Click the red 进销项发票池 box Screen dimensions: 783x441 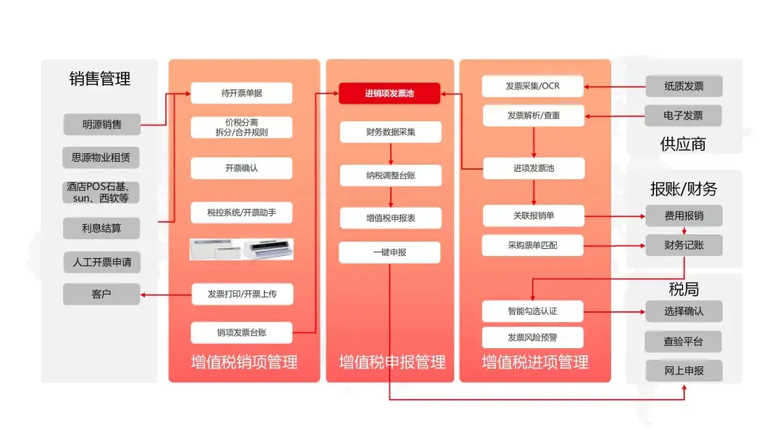click(389, 94)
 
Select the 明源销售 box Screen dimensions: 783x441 click(102, 124)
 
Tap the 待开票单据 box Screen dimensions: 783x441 click(241, 93)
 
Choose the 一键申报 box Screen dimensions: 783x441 click(389, 252)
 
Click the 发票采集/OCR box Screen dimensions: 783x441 click(532, 86)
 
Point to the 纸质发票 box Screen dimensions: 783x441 click(684, 86)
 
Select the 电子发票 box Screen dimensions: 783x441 click(683, 116)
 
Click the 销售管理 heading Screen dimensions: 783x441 click(100, 78)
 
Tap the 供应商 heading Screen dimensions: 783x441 click(683, 144)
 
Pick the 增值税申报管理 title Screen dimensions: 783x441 click(392, 362)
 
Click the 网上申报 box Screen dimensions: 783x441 click(684, 371)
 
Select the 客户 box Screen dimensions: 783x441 click(101, 294)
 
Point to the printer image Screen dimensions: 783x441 click(241, 249)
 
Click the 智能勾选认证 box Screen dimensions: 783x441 click(532, 311)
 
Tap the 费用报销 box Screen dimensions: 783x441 click(684, 215)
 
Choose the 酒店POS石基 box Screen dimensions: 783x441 click(101, 192)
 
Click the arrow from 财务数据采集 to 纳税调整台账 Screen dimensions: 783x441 click(391, 154)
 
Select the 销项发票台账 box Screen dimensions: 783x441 click(241, 333)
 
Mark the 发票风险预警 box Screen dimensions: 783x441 click(532, 337)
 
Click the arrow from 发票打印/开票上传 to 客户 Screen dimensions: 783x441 click(166, 294)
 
